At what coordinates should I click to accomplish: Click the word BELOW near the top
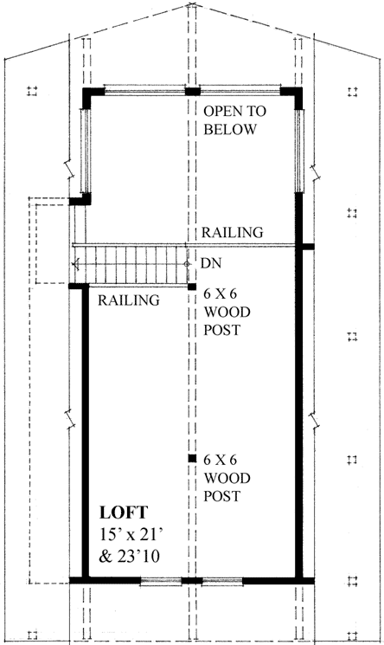[230, 130]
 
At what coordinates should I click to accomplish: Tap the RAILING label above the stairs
[233, 233]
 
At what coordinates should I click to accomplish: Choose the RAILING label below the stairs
[129, 300]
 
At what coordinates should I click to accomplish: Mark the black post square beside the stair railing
[191, 287]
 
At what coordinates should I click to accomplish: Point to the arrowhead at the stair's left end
[77, 263]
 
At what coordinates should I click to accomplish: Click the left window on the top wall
[144, 89]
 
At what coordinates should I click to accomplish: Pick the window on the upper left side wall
[86, 150]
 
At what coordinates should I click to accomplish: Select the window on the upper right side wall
[299, 150]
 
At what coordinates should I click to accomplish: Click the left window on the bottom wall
[160, 581]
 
